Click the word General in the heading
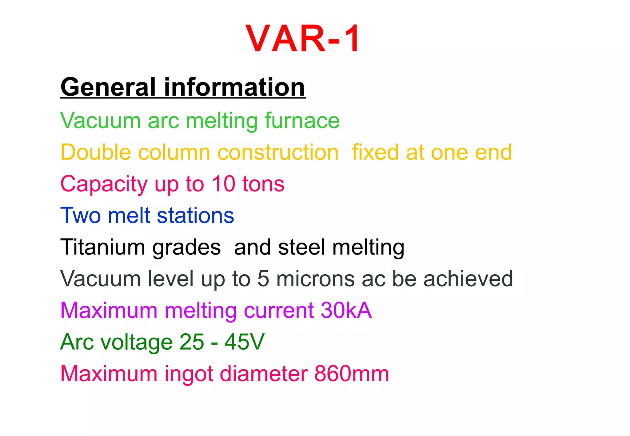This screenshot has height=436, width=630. coord(108,87)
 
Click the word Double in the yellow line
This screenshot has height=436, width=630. coord(96,152)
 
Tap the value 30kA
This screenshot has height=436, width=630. coord(346,310)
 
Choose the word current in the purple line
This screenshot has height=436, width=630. coord(279,310)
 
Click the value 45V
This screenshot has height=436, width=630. coord(244,342)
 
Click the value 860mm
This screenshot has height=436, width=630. coord(352,374)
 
